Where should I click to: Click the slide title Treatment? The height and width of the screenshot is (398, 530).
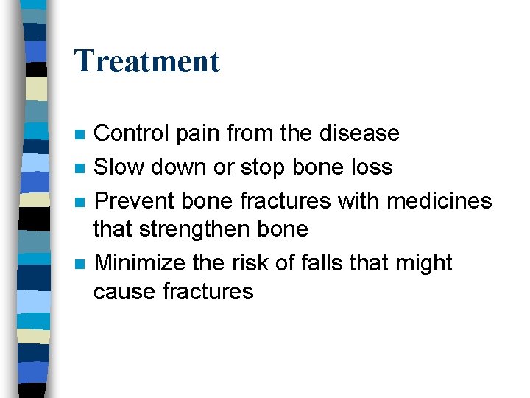pyautogui.click(x=147, y=61)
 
